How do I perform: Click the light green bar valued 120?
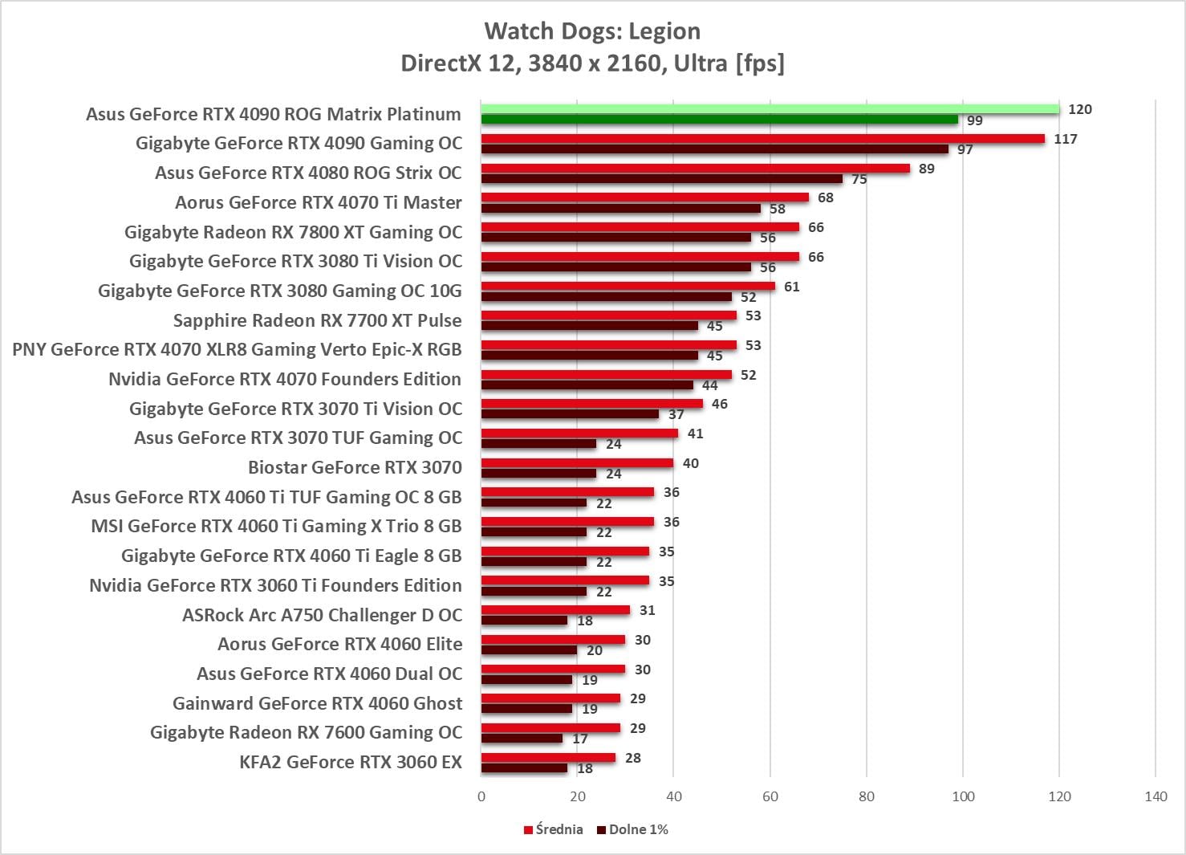click(770, 109)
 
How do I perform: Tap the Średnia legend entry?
click(554, 829)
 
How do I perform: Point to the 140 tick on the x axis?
click(1156, 796)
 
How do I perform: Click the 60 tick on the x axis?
click(770, 796)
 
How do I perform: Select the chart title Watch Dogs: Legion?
click(592, 31)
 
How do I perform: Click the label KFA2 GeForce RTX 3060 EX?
click(351, 762)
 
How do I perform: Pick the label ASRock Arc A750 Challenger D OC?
click(322, 615)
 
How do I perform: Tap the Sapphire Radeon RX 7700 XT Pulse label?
click(318, 320)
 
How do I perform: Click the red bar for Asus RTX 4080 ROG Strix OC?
click(696, 169)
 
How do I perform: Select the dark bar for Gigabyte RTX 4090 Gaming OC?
click(715, 149)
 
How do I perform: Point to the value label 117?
click(1066, 139)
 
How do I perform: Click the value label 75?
click(859, 179)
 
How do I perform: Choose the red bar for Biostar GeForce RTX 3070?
click(578, 463)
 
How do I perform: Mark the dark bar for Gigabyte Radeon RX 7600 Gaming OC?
click(522, 739)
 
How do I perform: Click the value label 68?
click(826, 197)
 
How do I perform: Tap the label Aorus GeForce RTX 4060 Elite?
click(340, 644)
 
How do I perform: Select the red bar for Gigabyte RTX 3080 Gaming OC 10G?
click(628, 287)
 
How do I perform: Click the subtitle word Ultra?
click(701, 63)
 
